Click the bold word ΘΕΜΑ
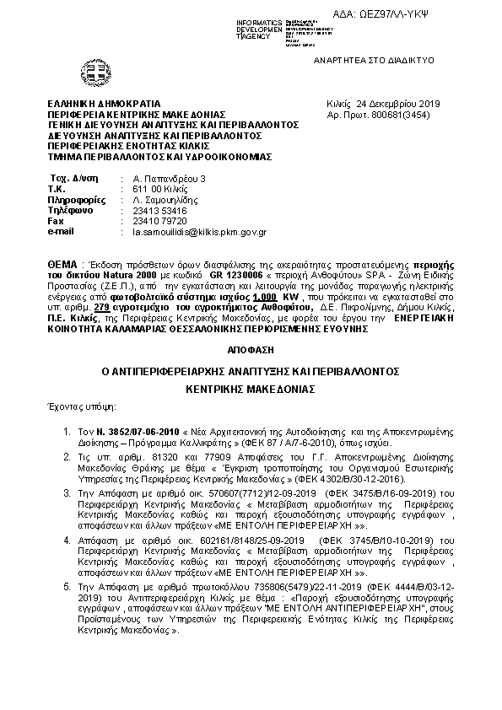[62, 265]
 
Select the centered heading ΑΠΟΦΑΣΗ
[251, 348]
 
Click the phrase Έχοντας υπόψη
[83, 407]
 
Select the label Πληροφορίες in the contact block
[72, 199]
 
